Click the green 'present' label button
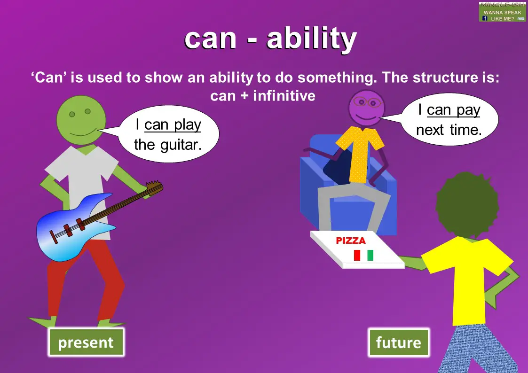pos(86,342)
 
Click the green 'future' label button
pos(398,342)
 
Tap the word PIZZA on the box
pos(351,241)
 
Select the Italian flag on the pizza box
pos(363,255)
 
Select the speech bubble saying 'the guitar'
pos(168,135)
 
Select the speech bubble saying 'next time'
pos(449,120)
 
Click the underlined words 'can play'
pos(173,125)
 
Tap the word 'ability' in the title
pos(311,39)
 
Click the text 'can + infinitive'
pos(263,96)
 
